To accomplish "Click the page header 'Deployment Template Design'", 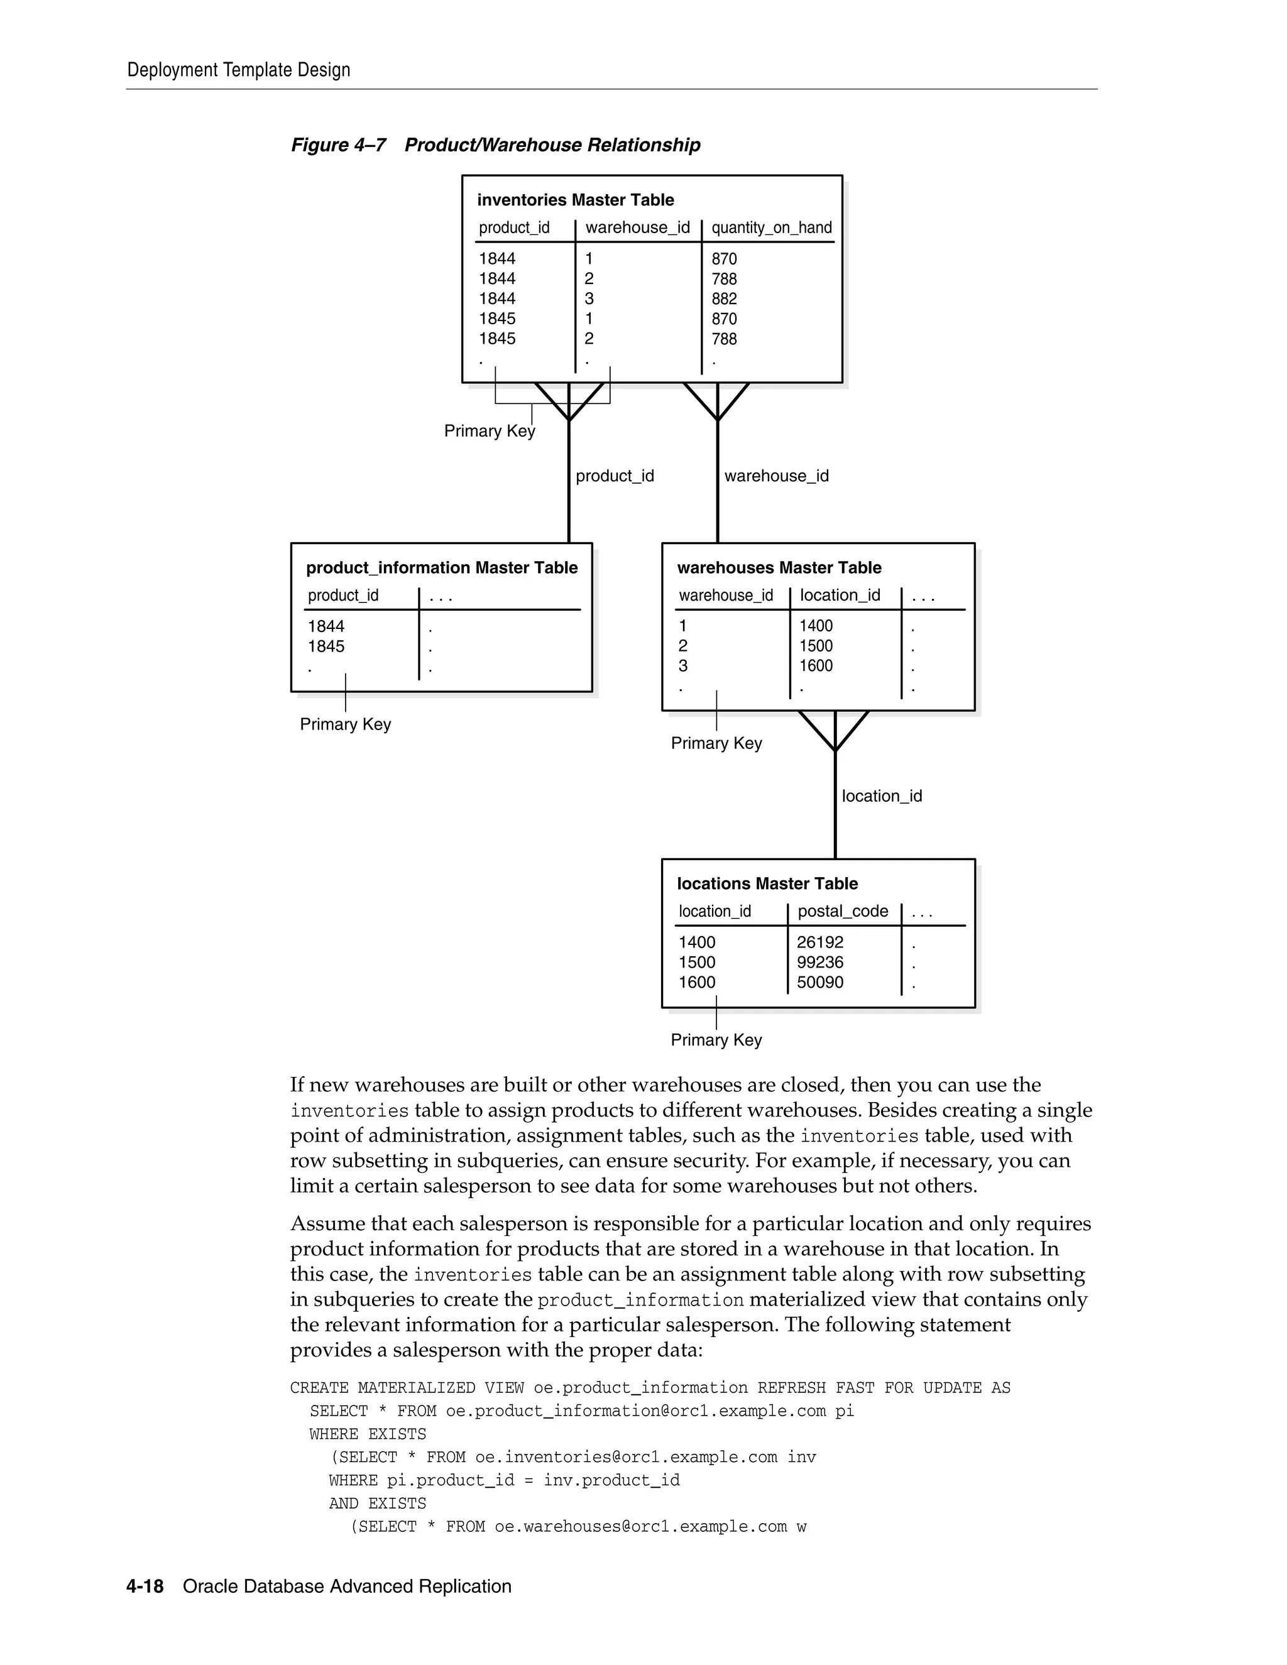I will point(239,70).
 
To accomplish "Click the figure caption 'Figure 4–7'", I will point(339,145).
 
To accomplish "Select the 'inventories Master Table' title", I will point(575,200).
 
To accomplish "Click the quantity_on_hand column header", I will point(771,227).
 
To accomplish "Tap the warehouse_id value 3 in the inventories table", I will point(589,299).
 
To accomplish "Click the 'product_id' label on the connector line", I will point(615,476).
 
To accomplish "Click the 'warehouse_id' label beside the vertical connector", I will point(776,476).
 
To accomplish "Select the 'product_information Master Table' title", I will point(441,567).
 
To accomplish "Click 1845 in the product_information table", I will point(326,647).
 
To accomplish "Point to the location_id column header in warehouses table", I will point(840,594).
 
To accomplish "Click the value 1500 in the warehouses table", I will point(816,646).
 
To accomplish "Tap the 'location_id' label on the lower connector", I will point(882,796).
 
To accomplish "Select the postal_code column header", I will point(843,911).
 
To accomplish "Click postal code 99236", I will point(819,962).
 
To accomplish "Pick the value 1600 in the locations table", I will point(697,982).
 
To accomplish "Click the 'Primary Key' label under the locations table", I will point(716,1040).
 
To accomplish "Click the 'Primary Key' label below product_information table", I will point(346,724).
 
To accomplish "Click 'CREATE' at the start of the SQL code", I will point(319,1387).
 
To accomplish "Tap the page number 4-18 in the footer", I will point(145,1586).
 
